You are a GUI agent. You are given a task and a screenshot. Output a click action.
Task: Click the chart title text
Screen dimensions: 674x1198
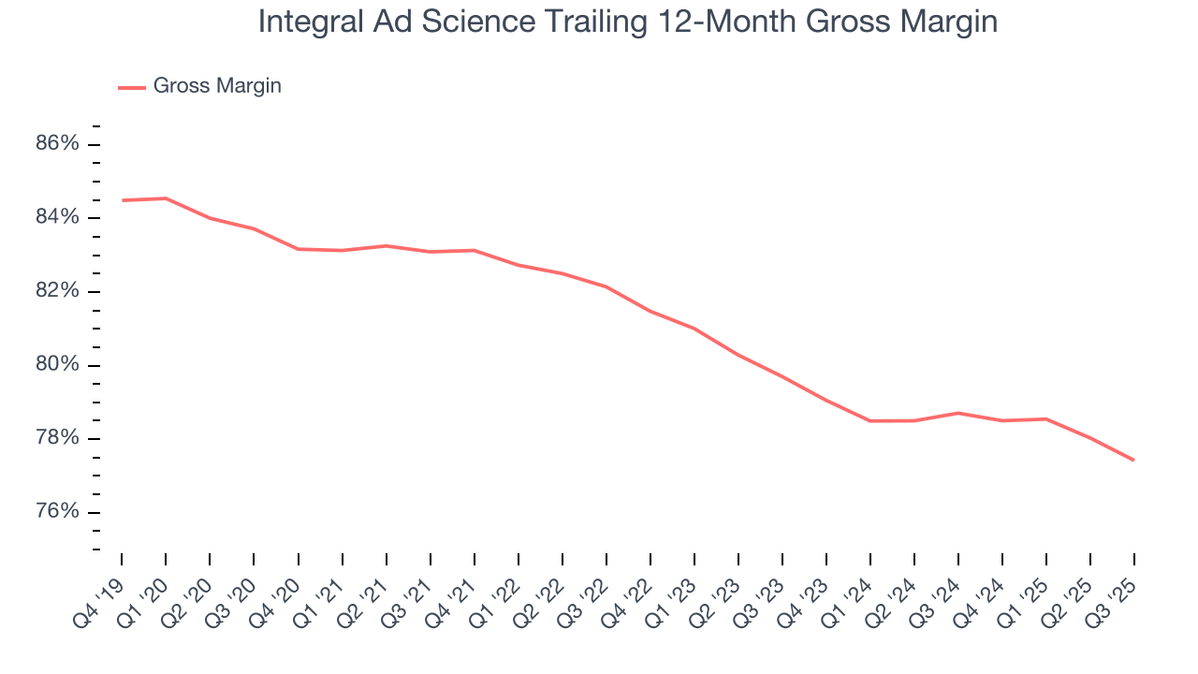(x=627, y=22)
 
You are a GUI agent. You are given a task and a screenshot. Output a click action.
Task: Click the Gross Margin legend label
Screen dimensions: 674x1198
(x=217, y=86)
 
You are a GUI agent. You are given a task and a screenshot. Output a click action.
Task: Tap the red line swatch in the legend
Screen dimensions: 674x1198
(x=132, y=87)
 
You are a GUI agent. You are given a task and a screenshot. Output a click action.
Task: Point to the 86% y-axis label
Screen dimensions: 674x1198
(x=57, y=144)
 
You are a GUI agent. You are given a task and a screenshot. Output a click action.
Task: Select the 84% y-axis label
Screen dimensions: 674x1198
(x=57, y=218)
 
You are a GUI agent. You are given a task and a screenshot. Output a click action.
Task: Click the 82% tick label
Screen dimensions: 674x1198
(x=57, y=291)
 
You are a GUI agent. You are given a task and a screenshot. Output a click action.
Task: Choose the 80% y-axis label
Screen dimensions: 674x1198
(x=57, y=365)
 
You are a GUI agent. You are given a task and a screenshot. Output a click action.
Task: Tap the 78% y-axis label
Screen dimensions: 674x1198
(x=57, y=439)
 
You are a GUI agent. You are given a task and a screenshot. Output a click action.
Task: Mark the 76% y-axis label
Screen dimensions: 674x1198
(x=57, y=512)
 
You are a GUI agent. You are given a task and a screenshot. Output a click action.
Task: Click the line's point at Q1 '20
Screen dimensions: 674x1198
(x=166, y=198)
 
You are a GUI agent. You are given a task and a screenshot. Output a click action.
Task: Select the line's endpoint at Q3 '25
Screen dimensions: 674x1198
(x=1134, y=460)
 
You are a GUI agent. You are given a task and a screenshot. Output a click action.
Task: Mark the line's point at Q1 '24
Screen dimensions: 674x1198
(x=870, y=420)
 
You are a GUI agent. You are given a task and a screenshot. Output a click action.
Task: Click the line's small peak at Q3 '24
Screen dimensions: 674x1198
(x=958, y=413)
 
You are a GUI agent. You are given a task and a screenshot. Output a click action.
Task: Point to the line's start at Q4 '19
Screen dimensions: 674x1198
(x=123, y=200)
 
